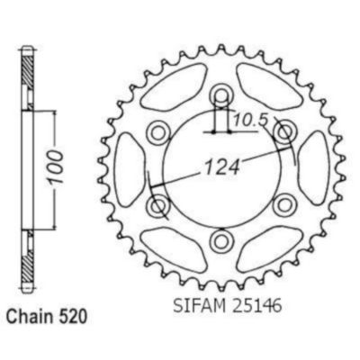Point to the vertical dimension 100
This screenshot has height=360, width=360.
[56, 168]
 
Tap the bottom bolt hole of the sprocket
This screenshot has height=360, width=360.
[220, 240]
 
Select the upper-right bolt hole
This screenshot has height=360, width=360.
[283, 132]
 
